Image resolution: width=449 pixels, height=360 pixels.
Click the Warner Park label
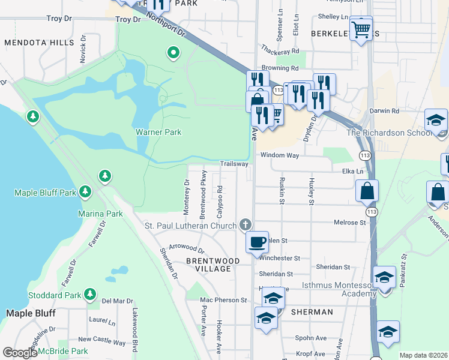158,132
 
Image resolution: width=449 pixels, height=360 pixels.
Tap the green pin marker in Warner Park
173,53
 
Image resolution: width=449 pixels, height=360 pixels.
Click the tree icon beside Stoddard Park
90,294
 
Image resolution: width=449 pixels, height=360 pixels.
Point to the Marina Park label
100,214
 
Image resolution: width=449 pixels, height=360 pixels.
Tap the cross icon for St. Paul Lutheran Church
245,225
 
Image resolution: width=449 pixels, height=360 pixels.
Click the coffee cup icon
257,242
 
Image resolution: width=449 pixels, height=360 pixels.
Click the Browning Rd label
279,68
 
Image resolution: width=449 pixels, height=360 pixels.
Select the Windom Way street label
279,155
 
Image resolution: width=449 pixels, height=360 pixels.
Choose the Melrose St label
349,223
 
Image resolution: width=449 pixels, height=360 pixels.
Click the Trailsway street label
234,163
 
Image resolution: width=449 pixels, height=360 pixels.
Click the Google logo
20,353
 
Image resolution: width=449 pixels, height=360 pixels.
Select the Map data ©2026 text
423,355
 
